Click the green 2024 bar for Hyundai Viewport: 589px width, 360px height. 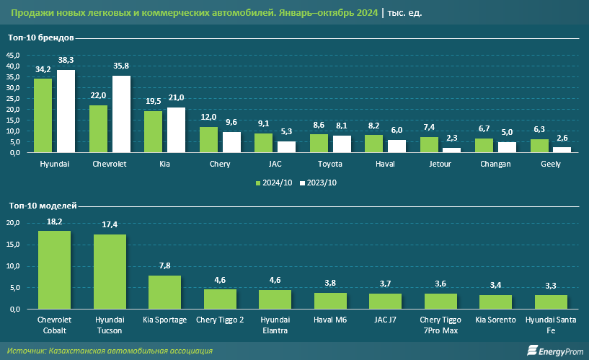43,115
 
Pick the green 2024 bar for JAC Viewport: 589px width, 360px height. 263,143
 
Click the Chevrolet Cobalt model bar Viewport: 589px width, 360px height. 54,269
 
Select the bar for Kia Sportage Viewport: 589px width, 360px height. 164,292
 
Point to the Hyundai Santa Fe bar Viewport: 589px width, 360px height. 551,302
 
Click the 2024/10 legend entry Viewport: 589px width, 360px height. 275,183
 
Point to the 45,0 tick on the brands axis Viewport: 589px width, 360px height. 14,55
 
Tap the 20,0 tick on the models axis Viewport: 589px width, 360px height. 14,223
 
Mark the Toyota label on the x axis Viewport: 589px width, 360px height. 329,164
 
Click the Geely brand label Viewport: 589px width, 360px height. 551,164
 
